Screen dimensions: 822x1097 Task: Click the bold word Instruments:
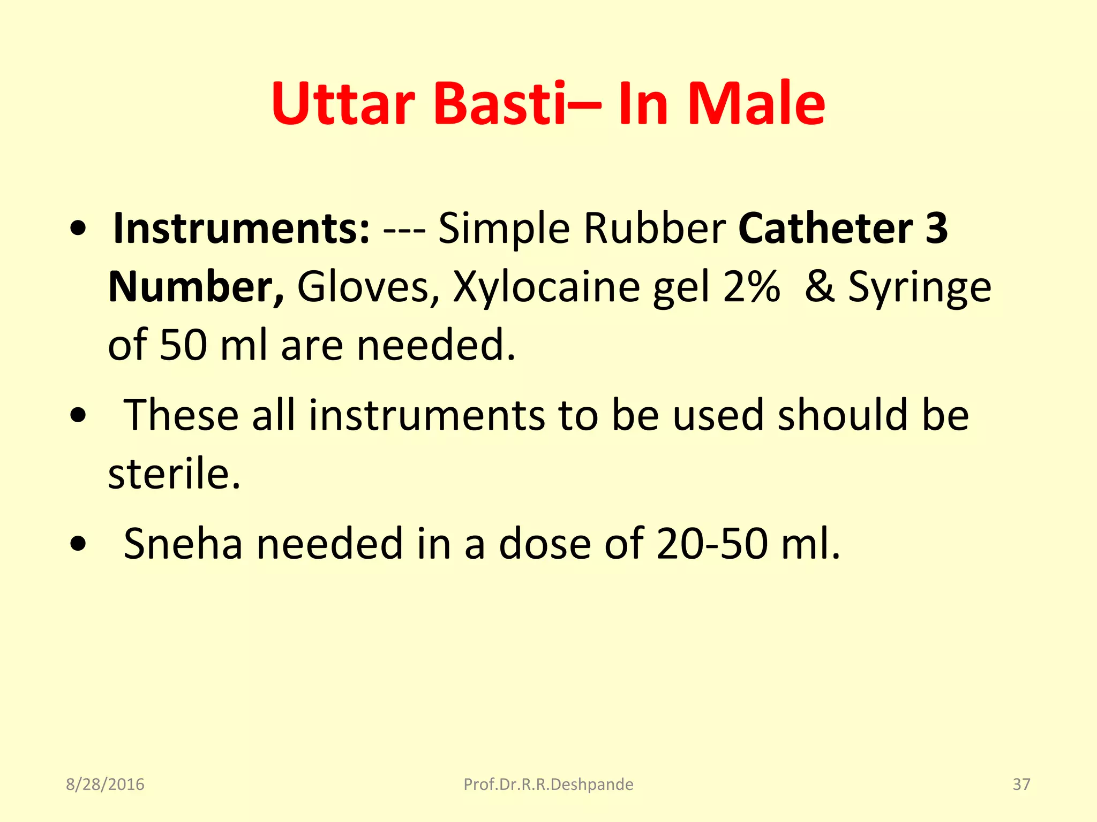point(242,229)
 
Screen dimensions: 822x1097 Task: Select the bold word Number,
point(196,287)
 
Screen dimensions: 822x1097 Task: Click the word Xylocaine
point(546,287)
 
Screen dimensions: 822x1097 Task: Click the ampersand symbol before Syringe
point(819,287)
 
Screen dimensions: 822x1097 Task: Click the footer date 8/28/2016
point(105,785)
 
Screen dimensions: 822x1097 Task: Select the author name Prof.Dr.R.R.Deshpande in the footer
point(548,785)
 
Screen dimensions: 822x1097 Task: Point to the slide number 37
point(1021,785)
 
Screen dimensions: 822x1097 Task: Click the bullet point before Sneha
point(78,544)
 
